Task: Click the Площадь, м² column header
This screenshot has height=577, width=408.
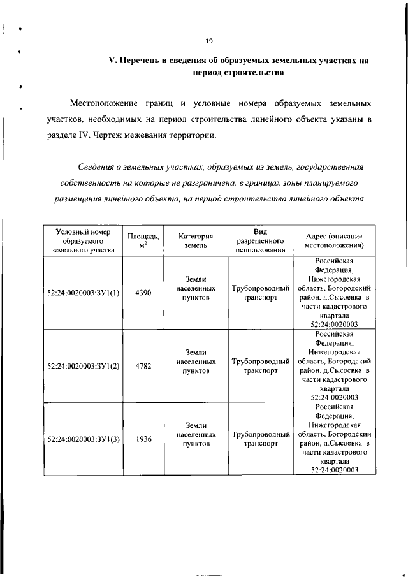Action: tap(143, 240)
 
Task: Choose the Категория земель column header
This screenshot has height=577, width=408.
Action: tap(195, 240)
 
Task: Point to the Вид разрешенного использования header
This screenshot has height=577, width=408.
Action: tap(259, 240)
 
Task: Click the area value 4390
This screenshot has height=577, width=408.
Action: tap(143, 293)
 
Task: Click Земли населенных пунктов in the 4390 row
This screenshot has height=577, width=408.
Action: tap(195, 288)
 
